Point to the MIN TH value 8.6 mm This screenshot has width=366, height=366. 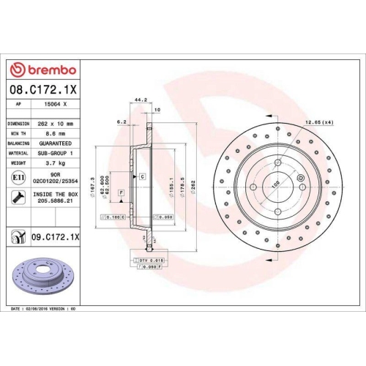tap(52, 134)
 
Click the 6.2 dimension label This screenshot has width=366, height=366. tap(122, 122)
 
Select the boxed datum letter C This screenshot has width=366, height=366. tap(142, 176)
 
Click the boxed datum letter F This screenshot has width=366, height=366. tap(120, 192)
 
